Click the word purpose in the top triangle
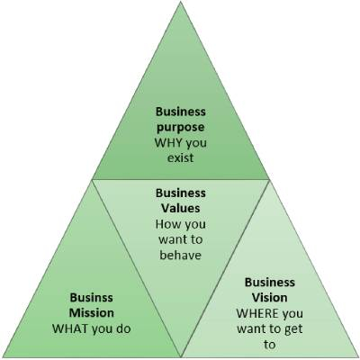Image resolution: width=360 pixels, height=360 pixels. click(181, 128)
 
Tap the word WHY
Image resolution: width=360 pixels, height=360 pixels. click(168, 142)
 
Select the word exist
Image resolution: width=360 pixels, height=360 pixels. click(181, 157)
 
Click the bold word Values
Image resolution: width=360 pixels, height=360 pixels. click(181, 208)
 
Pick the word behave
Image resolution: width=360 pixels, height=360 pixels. click(180, 255)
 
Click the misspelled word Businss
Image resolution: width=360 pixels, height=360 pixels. click(92, 298)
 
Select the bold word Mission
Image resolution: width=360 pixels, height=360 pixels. click(92, 313)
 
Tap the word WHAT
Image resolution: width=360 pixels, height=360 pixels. click(70, 328)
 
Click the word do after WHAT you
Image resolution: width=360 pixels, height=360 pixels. click(123, 328)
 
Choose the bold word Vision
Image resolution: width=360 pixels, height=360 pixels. click(269, 298)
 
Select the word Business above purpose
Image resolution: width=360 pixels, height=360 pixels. click(181, 112)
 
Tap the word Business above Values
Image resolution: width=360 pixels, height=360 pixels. click(181, 193)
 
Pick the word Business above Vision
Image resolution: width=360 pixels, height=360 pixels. click(270, 283)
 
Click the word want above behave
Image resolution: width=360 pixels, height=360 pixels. click(172, 239)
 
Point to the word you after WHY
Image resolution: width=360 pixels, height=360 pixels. click(196, 143)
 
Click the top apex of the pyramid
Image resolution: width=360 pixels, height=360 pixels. click(181, 2)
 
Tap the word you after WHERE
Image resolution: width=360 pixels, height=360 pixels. click(292, 314)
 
